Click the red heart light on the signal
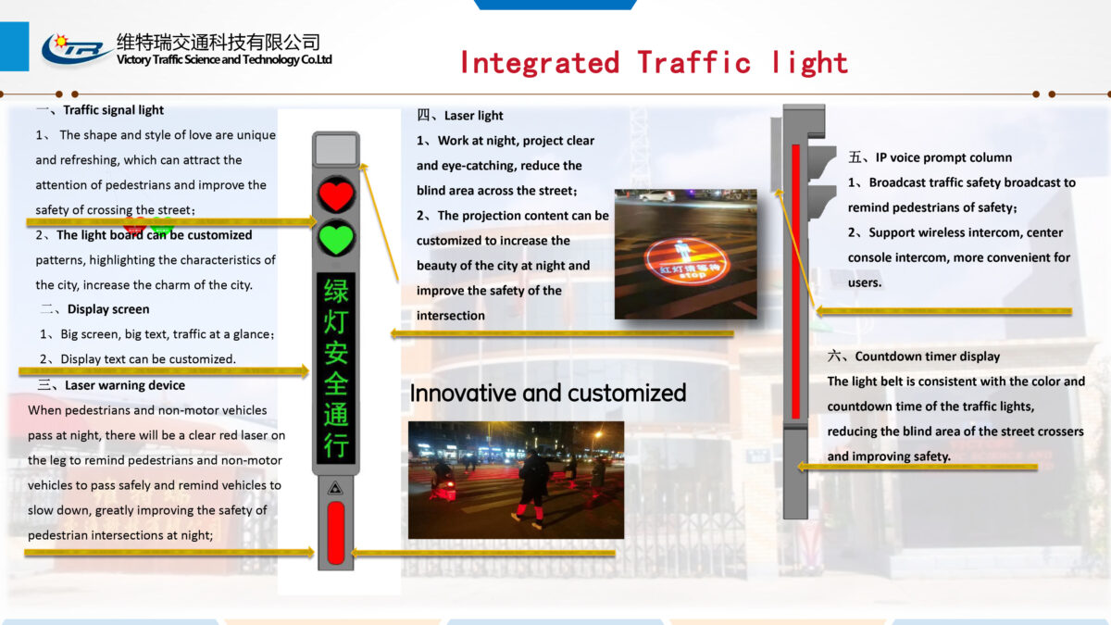click(x=335, y=195)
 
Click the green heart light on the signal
click(x=335, y=239)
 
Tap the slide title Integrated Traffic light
click(x=654, y=62)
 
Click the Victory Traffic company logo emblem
click(x=76, y=48)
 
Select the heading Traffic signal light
click(x=113, y=110)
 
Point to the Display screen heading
click(x=107, y=309)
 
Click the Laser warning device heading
click(x=124, y=385)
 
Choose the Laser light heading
click(x=473, y=116)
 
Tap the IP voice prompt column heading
click(x=942, y=157)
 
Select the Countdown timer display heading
click(x=927, y=356)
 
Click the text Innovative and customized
click(x=548, y=393)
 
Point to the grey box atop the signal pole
click(x=335, y=150)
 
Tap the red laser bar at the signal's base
click(x=335, y=532)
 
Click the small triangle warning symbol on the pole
click(x=335, y=487)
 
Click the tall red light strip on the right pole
click(x=794, y=281)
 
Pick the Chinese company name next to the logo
click(x=218, y=42)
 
